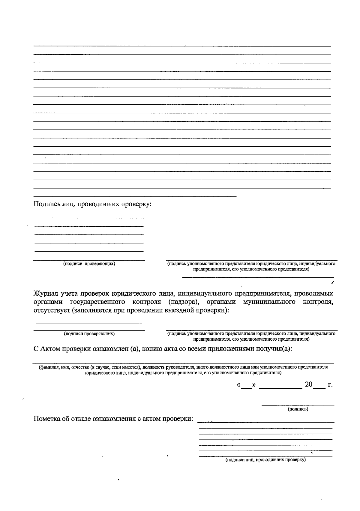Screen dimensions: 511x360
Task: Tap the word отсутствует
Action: (52, 310)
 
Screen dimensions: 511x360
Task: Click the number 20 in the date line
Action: (308, 384)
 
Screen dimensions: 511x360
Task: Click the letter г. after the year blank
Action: (330, 384)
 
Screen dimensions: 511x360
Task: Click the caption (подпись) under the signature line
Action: (298, 409)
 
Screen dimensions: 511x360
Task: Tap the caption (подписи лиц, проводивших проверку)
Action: (265, 460)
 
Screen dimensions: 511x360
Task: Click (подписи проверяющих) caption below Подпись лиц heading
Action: (89, 264)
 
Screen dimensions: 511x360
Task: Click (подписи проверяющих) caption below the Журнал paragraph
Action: (89, 333)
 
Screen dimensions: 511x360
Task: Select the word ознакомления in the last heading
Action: (114, 418)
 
